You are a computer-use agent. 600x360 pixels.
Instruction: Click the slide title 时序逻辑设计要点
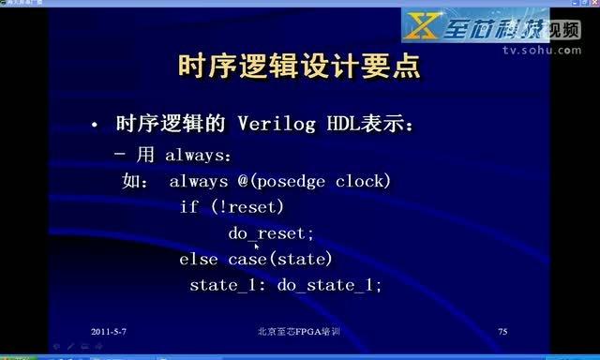pos(299,67)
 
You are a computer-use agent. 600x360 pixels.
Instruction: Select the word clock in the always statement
pos(361,181)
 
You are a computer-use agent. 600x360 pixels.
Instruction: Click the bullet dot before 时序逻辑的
pos(94,126)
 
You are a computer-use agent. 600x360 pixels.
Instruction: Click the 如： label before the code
pos(136,181)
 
